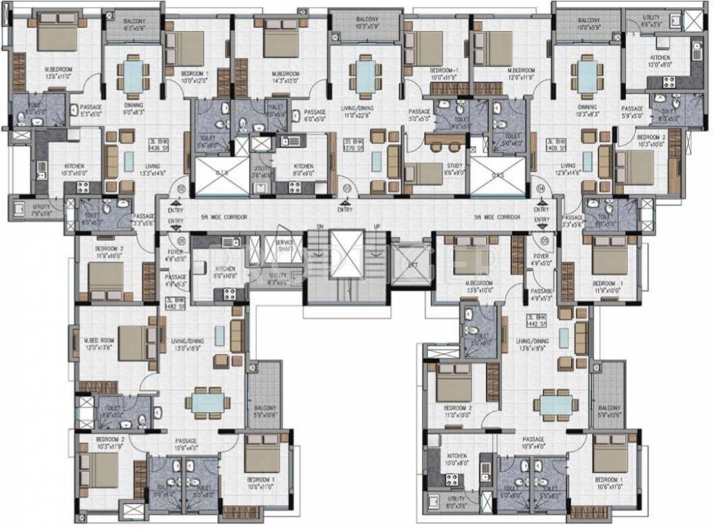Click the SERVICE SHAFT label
point(284,245)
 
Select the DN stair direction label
point(320,226)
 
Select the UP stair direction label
point(376,226)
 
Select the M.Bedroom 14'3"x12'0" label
point(286,77)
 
